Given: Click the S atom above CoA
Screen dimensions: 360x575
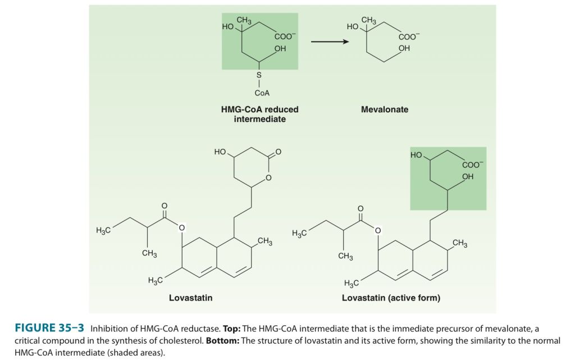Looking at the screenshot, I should (x=258, y=74).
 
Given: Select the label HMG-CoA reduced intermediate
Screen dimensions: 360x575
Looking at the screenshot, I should (x=259, y=114).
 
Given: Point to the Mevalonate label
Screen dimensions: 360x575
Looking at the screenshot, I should (x=384, y=110).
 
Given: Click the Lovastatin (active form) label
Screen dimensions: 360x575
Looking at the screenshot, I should (x=391, y=298).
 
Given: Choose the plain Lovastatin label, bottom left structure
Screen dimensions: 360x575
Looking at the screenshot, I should (x=190, y=298).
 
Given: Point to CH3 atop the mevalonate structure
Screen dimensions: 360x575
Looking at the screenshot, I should (x=368, y=21).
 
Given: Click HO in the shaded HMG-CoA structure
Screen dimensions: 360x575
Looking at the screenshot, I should (x=227, y=26).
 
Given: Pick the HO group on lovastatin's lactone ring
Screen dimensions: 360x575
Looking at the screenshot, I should (x=220, y=152).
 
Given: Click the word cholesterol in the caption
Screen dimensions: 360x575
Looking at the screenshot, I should (x=177, y=340).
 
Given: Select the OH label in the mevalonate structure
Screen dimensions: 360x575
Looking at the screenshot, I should (x=404, y=49).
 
